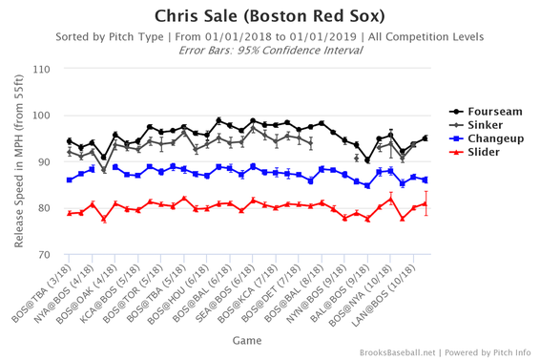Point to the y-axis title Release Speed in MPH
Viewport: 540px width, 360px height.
(x=18, y=162)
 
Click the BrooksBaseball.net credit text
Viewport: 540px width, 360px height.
(x=411, y=352)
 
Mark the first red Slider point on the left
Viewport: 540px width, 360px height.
(x=70, y=214)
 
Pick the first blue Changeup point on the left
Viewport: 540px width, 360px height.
(x=70, y=180)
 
